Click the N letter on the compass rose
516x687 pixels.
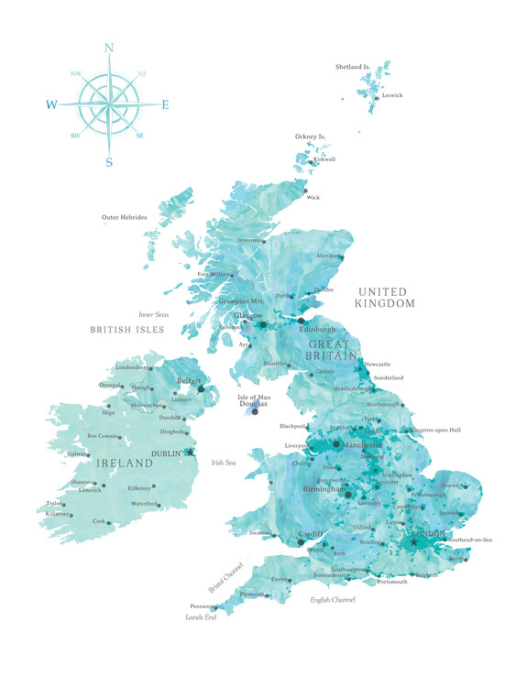coord(109,48)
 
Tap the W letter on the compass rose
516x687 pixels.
coord(52,105)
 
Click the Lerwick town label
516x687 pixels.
coord(392,95)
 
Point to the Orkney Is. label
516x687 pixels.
coord(311,136)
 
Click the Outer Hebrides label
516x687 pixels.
coord(123,217)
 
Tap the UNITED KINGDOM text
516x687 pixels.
coord(386,297)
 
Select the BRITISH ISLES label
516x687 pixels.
coord(126,329)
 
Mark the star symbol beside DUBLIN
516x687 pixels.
coord(191,452)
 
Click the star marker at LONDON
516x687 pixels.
coord(413,542)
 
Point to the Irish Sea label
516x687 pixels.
coord(224,463)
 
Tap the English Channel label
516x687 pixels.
coord(332,600)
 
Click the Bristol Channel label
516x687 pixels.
coord(224,576)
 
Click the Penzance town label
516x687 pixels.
coord(203,606)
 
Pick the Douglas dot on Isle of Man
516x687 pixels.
coord(255,411)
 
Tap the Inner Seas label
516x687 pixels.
coord(154,314)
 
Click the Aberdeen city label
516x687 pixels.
coord(329,256)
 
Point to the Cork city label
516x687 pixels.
coord(99,521)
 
